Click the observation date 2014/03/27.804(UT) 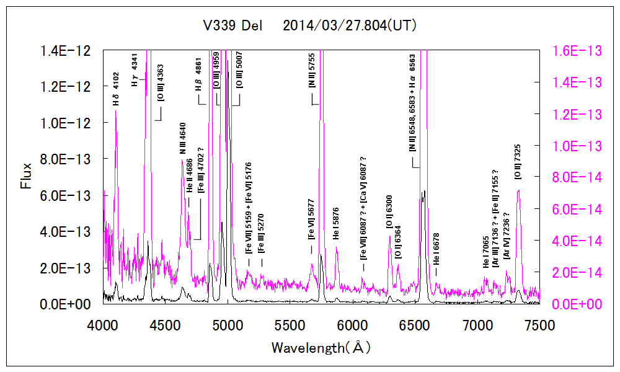[349, 26]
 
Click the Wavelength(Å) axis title [321, 347]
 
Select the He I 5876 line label [336, 228]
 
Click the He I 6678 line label [436, 254]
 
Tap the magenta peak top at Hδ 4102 [116, 110]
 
